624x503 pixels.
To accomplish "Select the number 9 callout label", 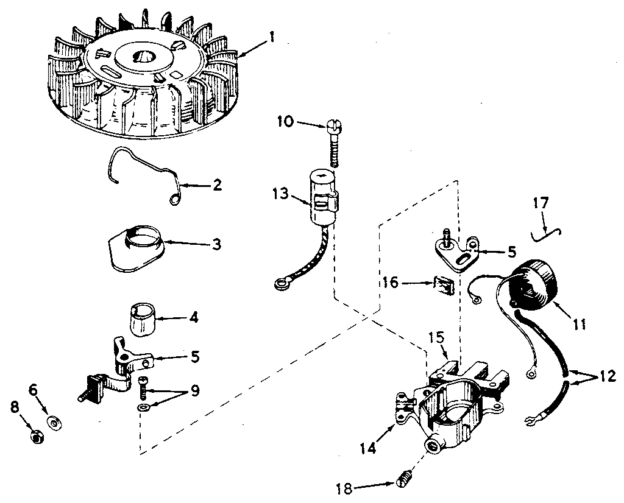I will [x=194, y=390].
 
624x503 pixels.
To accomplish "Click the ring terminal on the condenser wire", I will [x=282, y=281].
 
